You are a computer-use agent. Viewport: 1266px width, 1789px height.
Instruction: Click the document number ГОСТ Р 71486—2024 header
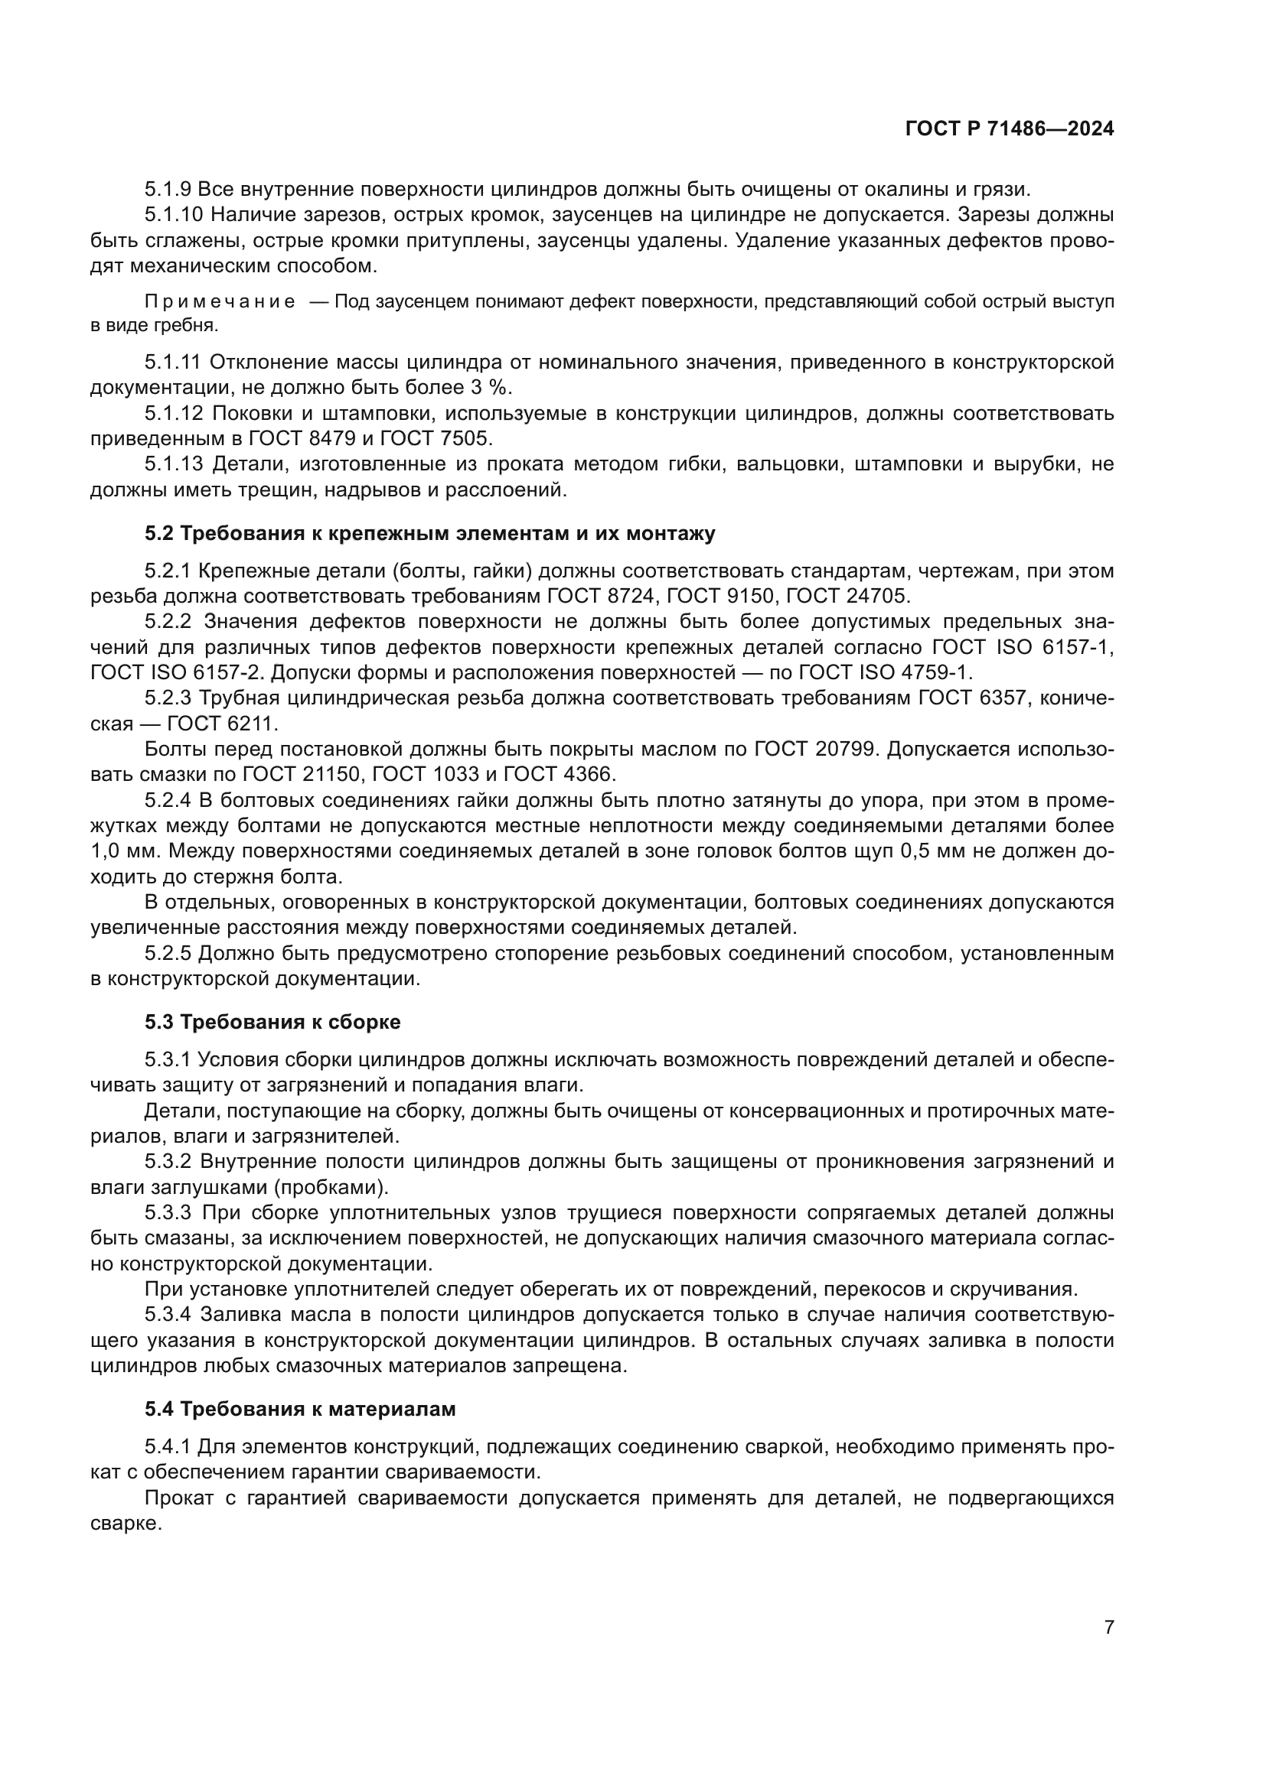tap(1010, 129)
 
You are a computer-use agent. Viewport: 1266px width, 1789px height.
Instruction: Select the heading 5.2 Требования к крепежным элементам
tap(429, 534)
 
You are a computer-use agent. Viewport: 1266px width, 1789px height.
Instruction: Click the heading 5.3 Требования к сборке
tap(272, 1022)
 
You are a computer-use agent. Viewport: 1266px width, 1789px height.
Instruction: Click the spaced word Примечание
tap(220, 302)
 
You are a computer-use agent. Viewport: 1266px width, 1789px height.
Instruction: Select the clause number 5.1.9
tap(168, 190)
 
